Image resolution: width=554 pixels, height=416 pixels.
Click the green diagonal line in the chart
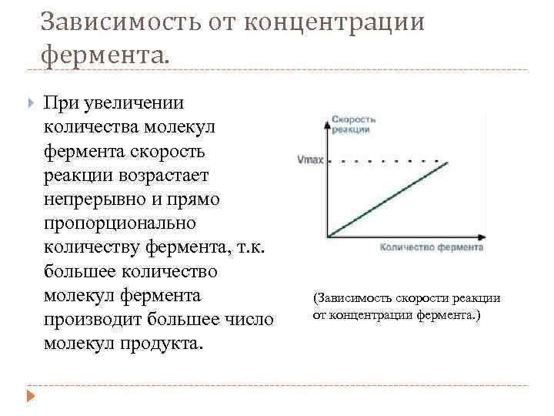(x=389, y=199)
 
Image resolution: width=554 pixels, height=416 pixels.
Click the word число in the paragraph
(x=250, y=319)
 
